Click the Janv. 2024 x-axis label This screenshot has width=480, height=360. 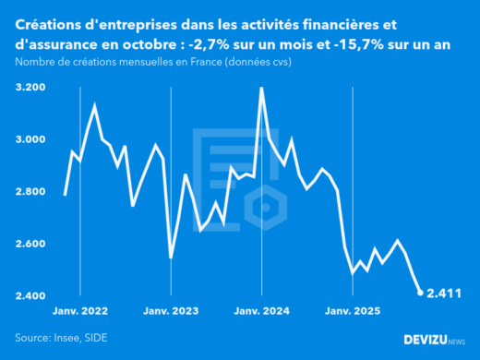click(262, 311)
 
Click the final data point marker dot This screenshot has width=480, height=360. click(420, 294)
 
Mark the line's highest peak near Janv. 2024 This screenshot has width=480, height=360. click(261, 88)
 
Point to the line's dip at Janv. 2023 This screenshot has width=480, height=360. click(171, 257)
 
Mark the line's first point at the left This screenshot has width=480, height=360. click(65, 195)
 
